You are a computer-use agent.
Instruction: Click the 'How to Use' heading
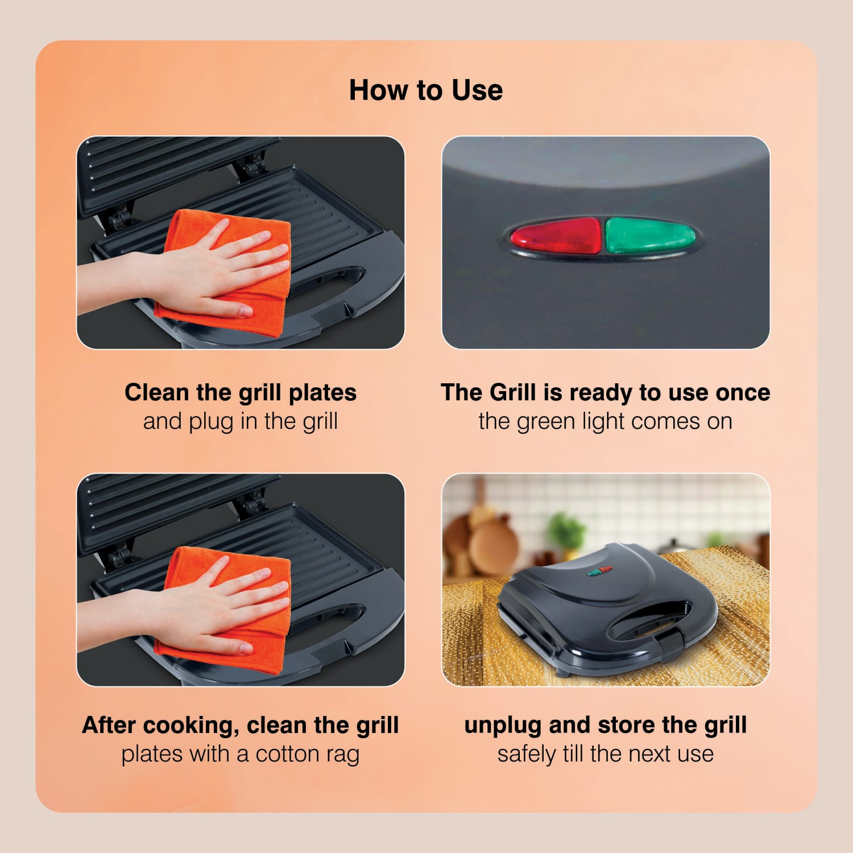click(x=426, y=90)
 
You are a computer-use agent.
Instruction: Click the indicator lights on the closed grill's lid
click(x=599, y=570)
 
